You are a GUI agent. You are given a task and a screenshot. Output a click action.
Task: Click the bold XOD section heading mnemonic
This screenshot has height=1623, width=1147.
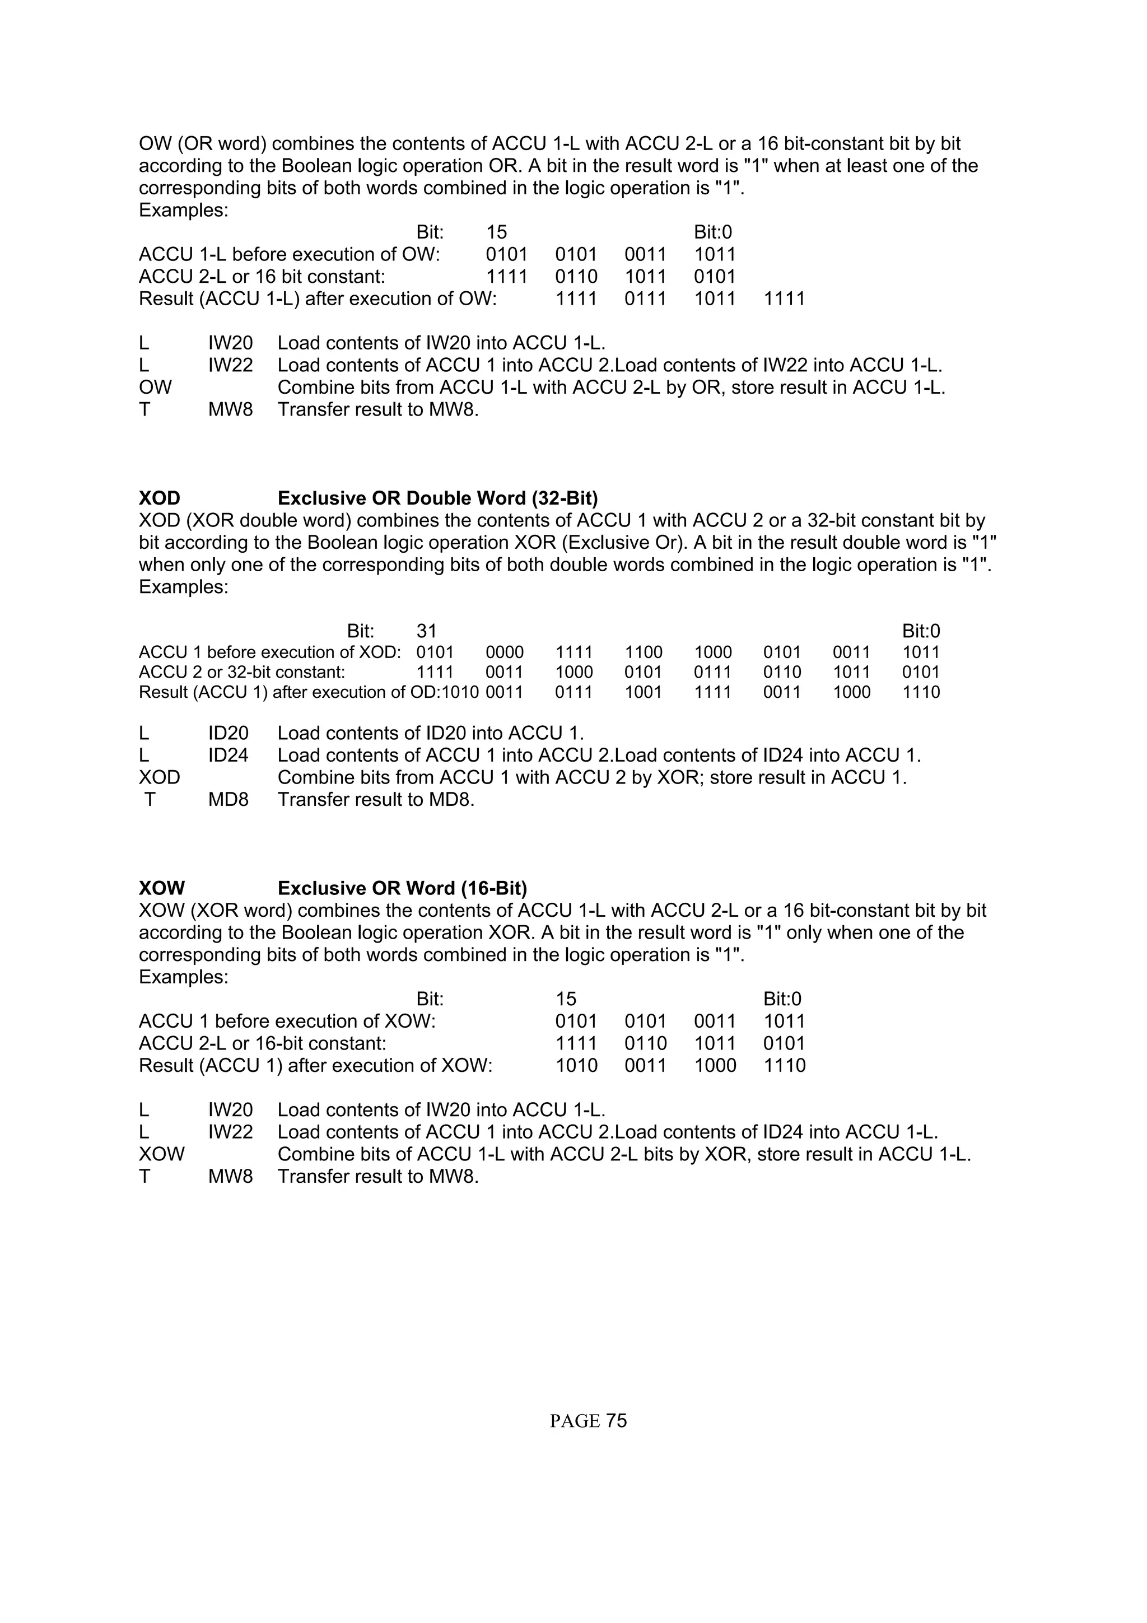(x=159, y=498)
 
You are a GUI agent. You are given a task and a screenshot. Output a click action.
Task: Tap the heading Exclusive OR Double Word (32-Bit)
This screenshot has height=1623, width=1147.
(x=437, y=498)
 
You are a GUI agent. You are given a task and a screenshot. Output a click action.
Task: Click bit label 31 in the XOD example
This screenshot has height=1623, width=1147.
(x=426, y=631)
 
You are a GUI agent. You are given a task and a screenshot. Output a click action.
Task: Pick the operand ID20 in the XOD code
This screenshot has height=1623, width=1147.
(x=229, y=733)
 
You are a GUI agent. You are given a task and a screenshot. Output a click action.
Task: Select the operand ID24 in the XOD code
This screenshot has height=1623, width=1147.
(x=229, y=755)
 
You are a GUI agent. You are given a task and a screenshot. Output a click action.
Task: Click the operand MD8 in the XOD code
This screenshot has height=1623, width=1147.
(x=229, y=800)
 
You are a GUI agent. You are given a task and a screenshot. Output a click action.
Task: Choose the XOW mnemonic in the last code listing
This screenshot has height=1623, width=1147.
(x=161, y=1154)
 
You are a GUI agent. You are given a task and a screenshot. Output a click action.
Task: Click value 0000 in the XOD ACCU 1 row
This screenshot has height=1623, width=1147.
(x=505, y=652)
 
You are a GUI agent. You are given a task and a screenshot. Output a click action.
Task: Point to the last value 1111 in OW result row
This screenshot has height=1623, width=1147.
(x=785, y=299)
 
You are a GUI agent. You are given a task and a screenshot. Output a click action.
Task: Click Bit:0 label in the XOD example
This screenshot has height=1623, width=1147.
(x=921, y=631)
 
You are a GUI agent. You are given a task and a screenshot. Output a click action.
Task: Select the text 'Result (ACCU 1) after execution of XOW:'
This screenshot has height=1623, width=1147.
(x=315, y=1065)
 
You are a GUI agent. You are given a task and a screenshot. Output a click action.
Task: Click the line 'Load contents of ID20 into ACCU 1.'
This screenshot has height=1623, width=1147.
(x=430, y=733)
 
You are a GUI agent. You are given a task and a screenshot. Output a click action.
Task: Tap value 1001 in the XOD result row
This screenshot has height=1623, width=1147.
(x=643, y=692)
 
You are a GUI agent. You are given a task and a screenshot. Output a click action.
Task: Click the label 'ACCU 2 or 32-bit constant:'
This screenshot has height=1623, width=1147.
(x=242, y=672)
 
